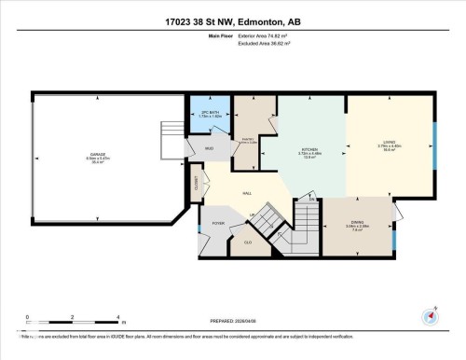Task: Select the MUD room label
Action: pos(210,148)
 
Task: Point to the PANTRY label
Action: pos(248,140)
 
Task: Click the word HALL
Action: pos(247,193)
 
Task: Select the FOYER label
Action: pos(218,223)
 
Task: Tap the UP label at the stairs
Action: pos(254,215)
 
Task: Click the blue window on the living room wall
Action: pos(434,146)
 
